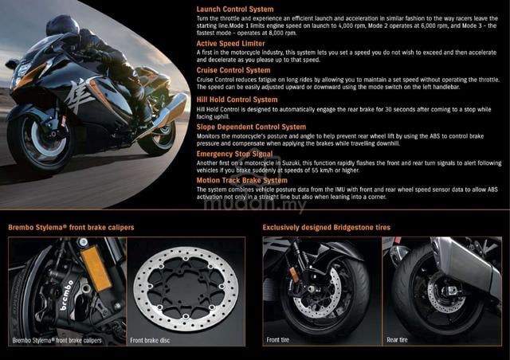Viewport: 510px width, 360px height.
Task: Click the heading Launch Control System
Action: [235, 9]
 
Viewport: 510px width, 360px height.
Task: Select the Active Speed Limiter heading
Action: [230, 44]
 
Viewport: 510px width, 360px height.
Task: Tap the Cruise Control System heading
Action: [233, 70]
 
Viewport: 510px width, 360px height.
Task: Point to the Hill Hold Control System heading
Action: [237, 100]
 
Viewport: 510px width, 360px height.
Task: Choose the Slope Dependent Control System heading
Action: [251, 127]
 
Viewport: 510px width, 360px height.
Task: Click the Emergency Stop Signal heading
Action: [234, 154]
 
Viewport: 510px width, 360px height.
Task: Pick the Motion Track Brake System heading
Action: [241, 180]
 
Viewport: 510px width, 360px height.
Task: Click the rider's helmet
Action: [62, 25]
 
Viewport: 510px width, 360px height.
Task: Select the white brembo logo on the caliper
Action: [67, 295]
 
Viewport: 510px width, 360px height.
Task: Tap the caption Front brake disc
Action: [150, 340]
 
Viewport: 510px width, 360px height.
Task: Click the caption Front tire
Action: [277, 340]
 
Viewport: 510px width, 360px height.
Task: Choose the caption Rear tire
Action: [397, 340]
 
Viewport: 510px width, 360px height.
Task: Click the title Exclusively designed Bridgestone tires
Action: [326, 227]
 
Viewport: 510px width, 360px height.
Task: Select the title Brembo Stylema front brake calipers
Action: [71, 227]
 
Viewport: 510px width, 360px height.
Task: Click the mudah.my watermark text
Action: [254, 204]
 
